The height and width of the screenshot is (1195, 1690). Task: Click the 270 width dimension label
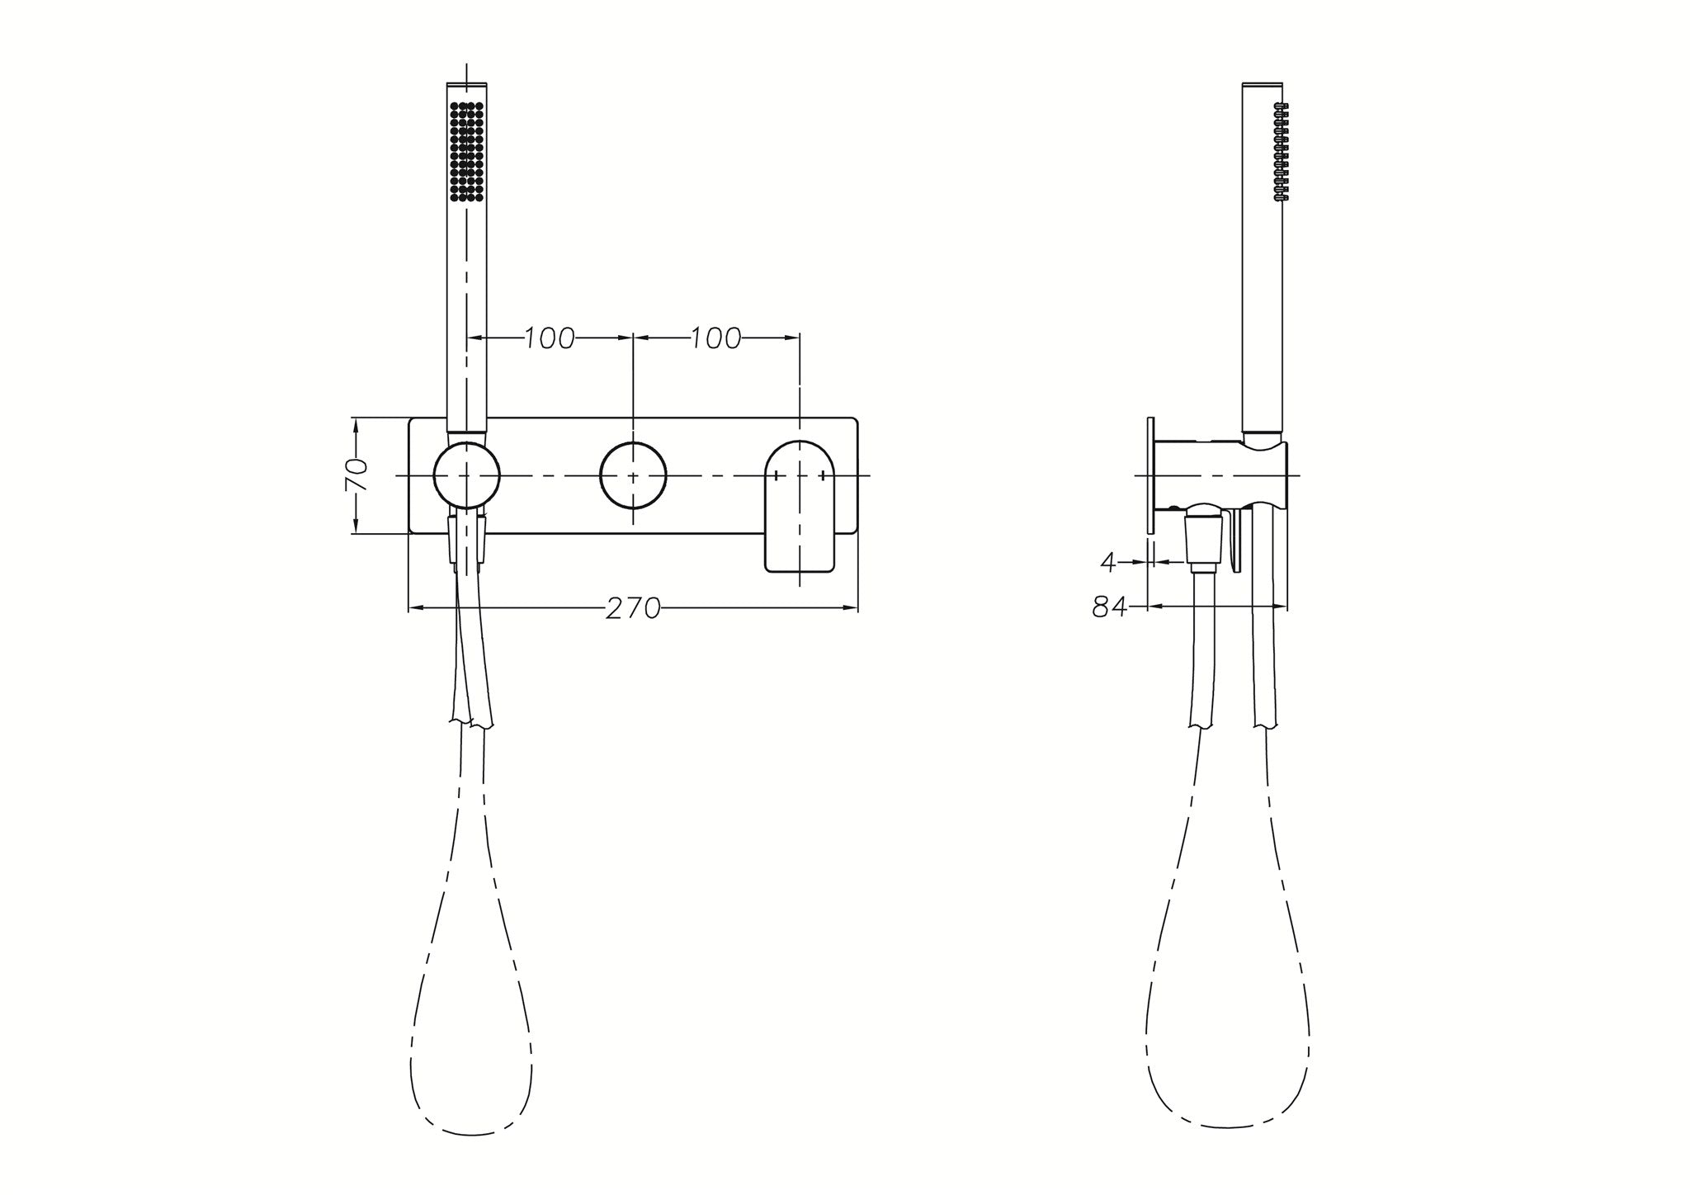(633, 608)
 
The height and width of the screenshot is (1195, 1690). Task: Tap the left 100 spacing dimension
(550, 338)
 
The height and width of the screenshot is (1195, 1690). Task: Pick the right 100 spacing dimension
(715, 338)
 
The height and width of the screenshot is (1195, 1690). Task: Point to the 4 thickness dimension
(1108, 562)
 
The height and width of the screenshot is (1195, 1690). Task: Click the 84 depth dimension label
(1110, 607)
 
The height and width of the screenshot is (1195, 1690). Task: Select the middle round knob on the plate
(633, 476)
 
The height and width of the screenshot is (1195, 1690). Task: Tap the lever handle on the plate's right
(800, 508)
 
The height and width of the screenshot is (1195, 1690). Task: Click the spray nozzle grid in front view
(466, 151)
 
